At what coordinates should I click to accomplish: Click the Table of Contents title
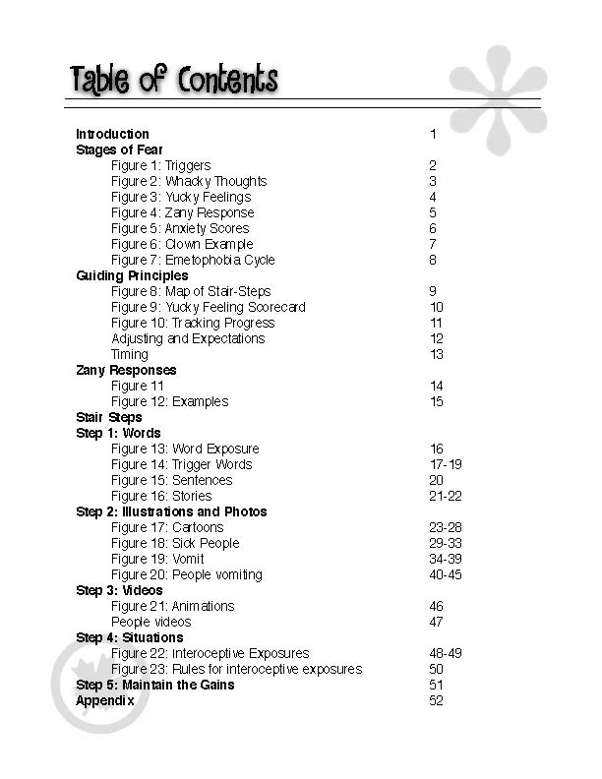[x=173, y=80]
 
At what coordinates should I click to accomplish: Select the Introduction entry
[x=112, y=134]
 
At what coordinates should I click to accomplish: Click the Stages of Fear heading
[x=119, y=150]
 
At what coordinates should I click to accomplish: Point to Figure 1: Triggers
[x=160, y=165]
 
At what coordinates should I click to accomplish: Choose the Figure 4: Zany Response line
[x=182, y=212]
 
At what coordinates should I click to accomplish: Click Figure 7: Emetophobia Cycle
[x=193, y=260]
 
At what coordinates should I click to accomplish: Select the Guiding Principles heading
[x=132, y=275]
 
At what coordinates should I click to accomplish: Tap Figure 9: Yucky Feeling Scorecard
[x=208, y=307]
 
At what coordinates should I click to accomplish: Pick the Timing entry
[x=130, y=354]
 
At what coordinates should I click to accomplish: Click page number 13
[x=437, y=354]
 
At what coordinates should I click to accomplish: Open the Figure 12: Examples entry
[x=169, y=401]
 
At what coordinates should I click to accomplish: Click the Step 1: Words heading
[x=118, y=433]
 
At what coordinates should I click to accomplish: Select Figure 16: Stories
[x=161, y=496]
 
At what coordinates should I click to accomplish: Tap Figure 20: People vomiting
[x=186, y=574]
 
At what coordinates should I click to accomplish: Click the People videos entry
[x=150, y=622]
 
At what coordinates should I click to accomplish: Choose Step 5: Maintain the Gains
[x=155, y=685]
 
